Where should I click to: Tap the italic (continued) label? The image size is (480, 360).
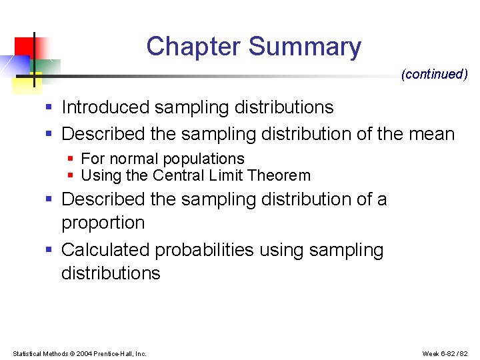pos(434,74)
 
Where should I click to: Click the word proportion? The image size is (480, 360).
pos(103,223)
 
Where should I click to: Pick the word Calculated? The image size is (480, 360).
pos(105,250)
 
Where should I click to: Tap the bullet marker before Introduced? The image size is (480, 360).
pos(49,107)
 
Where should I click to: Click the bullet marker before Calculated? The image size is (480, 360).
pos(49,250)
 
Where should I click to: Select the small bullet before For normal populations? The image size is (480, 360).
pos(71,159)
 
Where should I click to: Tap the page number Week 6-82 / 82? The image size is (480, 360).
pos(445,353)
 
